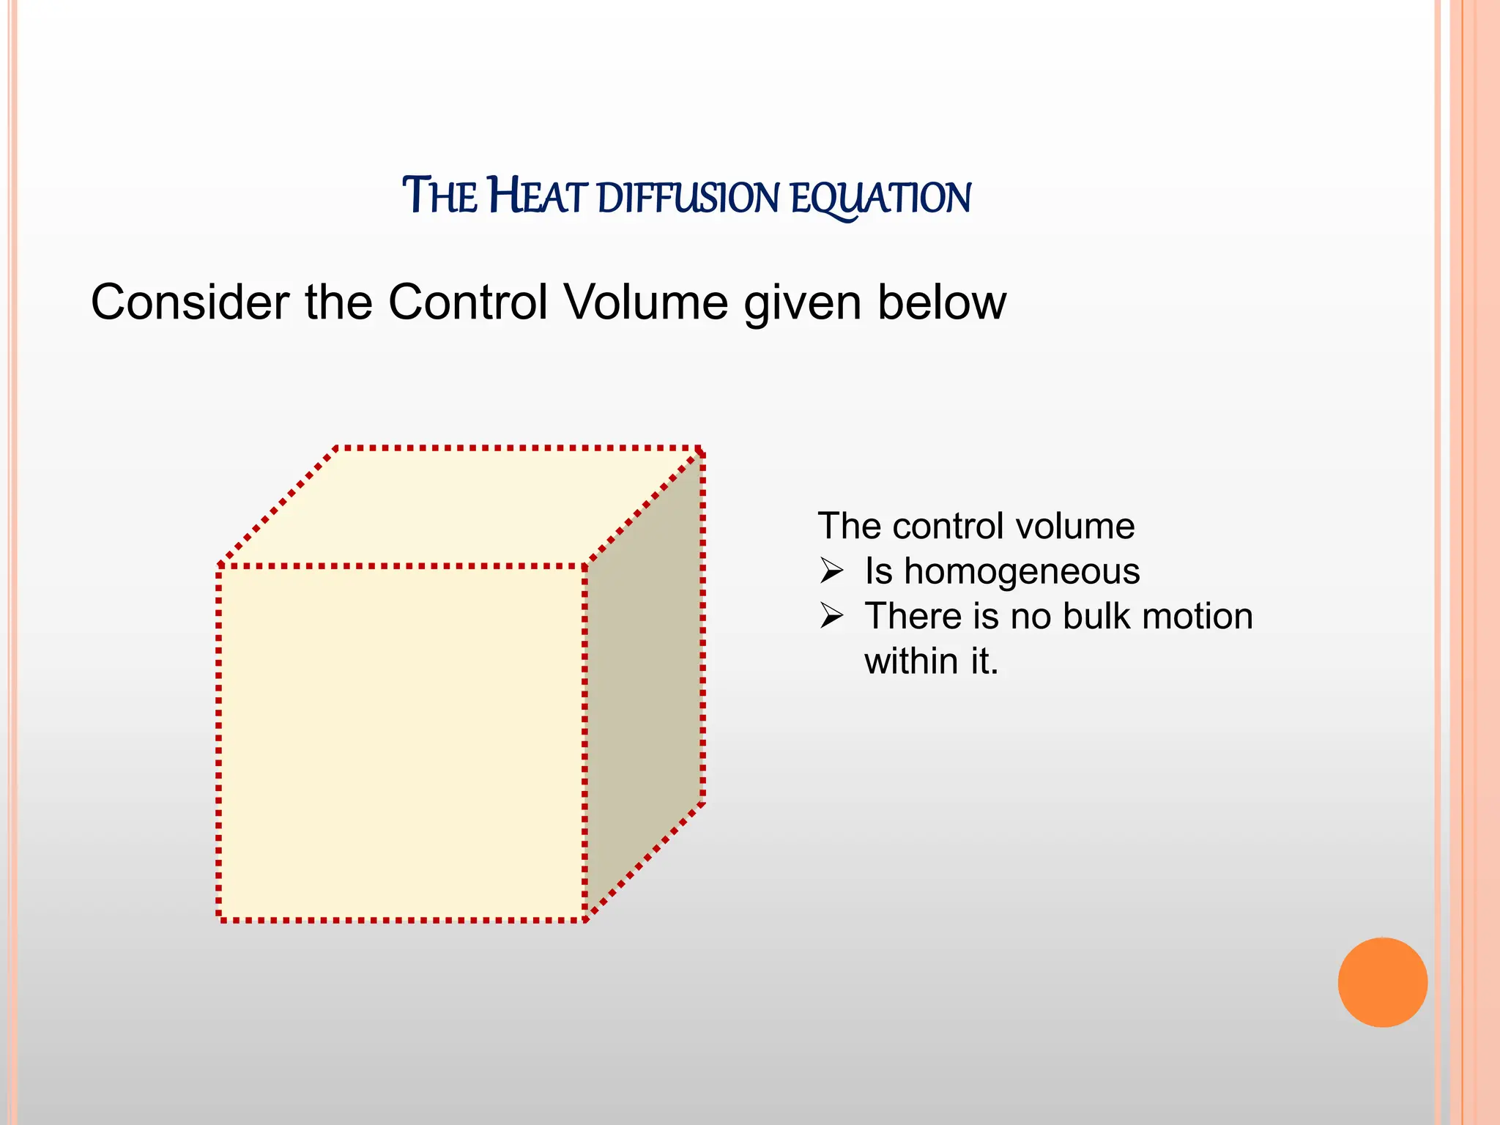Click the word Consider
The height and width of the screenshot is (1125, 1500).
tap(190, 302)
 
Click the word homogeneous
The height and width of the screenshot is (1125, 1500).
tap(1022, 571)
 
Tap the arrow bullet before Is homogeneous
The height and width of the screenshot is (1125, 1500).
tap(832, 571)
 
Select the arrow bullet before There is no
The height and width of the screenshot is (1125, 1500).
tap(832, 616)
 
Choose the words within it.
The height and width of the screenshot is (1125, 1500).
tap(931, 661)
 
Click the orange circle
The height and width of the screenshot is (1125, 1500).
tap(1382, 982)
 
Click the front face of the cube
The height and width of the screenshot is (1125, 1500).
tap(401, 743)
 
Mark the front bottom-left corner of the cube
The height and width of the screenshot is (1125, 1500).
tap(219, 919)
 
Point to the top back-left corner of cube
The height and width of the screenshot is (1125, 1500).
tap(336, 448)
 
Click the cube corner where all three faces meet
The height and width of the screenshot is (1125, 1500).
tap(585, 565)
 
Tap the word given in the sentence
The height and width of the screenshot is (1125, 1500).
tap(802, 302)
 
